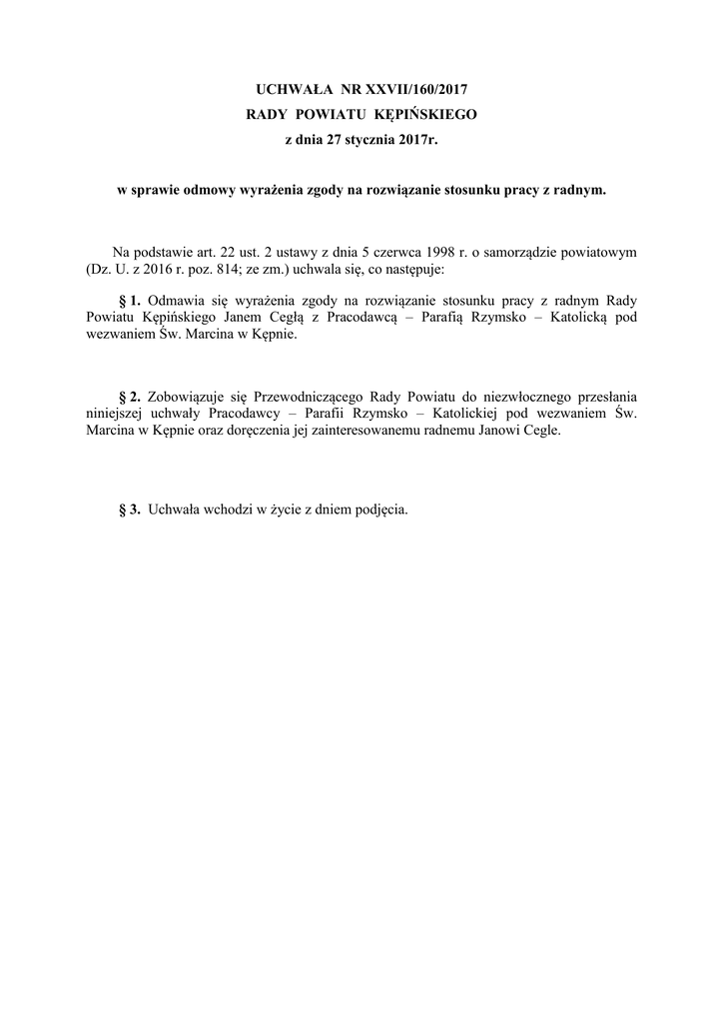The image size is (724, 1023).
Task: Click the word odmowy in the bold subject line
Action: pyautogui.click(x=204, y=189)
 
